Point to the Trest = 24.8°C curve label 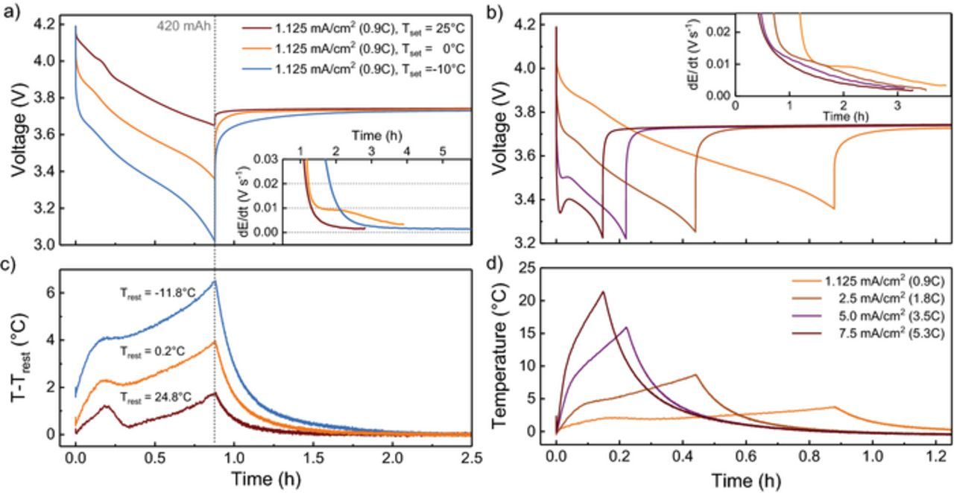pyautogui.click(x=156, y=398)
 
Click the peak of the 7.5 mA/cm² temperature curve pyautogui.click(x=603, y=292)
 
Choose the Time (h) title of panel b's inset pyautogui.click(x=844, y=117)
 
